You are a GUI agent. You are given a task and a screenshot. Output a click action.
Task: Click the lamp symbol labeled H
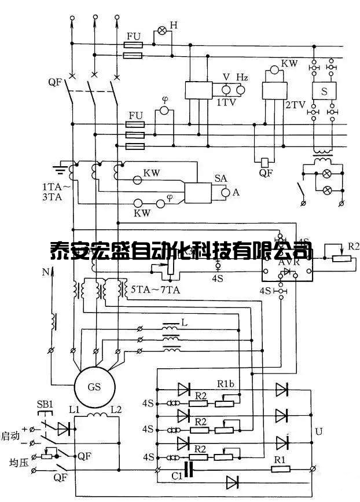click(x=162, y=30)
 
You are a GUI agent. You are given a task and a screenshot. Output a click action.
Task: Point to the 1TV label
click(x=225, y=102)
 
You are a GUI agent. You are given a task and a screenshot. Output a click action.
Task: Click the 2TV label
click(x=291, y=105)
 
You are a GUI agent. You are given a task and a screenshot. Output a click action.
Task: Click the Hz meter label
click(x=242, y=78)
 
